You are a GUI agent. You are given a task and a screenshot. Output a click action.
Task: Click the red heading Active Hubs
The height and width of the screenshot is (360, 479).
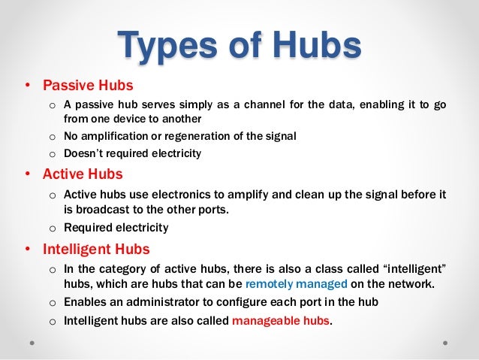(x=82, y=174)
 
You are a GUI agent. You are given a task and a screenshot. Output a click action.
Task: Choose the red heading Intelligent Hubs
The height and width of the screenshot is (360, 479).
(x=96, y=248)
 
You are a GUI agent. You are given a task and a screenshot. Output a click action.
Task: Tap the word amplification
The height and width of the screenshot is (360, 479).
(x=117, y=136)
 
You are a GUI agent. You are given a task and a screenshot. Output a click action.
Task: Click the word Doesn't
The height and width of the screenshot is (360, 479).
(x=86, y=154)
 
